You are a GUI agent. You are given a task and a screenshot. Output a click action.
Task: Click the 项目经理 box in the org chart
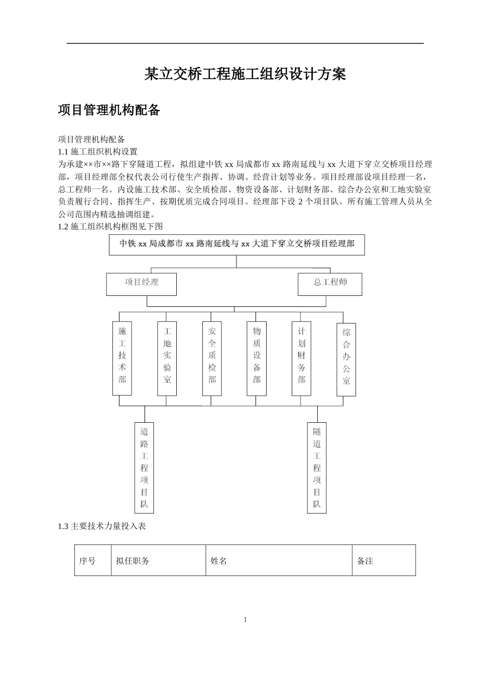[x=142, y=284]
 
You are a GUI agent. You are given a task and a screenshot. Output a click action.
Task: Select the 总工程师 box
[x=330, y=284]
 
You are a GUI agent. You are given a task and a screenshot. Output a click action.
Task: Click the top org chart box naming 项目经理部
[x=237, y=245]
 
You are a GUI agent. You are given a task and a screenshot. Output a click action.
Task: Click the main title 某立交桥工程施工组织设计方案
[x=245, y=75]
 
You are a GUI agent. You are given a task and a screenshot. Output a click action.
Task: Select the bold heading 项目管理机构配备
[x=109, y=110]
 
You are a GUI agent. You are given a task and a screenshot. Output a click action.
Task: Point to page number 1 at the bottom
[x=245, y=620]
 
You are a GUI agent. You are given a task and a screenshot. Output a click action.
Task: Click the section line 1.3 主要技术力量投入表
[x=102, y=527]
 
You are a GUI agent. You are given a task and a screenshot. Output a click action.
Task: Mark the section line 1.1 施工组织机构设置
[x=98, y=151]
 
